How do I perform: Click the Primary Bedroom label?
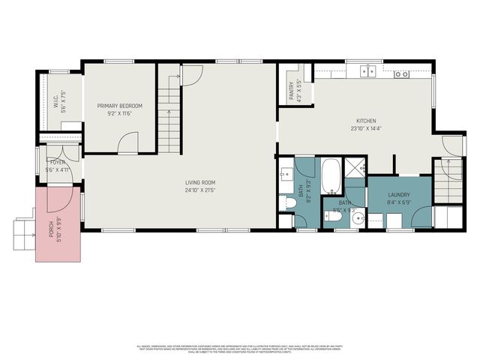point(119,106)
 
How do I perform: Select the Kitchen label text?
point(365,121)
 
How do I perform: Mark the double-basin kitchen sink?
point(367,72)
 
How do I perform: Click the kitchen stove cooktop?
point(402,73)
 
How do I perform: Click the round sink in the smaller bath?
point(358,220)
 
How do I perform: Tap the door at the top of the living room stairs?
point(192,74)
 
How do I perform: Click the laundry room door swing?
point(421,213)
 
